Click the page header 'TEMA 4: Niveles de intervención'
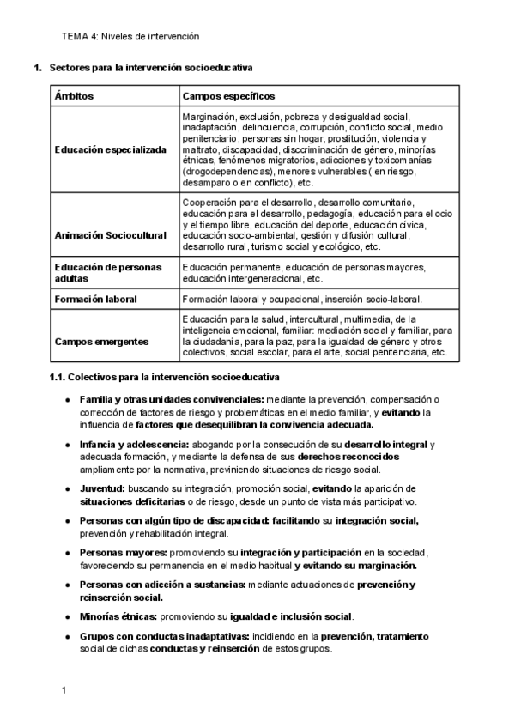point(130,37)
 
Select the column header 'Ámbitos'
point(74,95)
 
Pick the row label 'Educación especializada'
point(111,149)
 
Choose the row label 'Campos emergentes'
point(100,341)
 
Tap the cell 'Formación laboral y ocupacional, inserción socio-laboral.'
point(302,299)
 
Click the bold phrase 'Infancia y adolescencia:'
point(134,444)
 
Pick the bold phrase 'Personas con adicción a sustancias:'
point(162,585)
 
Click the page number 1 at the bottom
point(63,690)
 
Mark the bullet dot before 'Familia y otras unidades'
point(68,400)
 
